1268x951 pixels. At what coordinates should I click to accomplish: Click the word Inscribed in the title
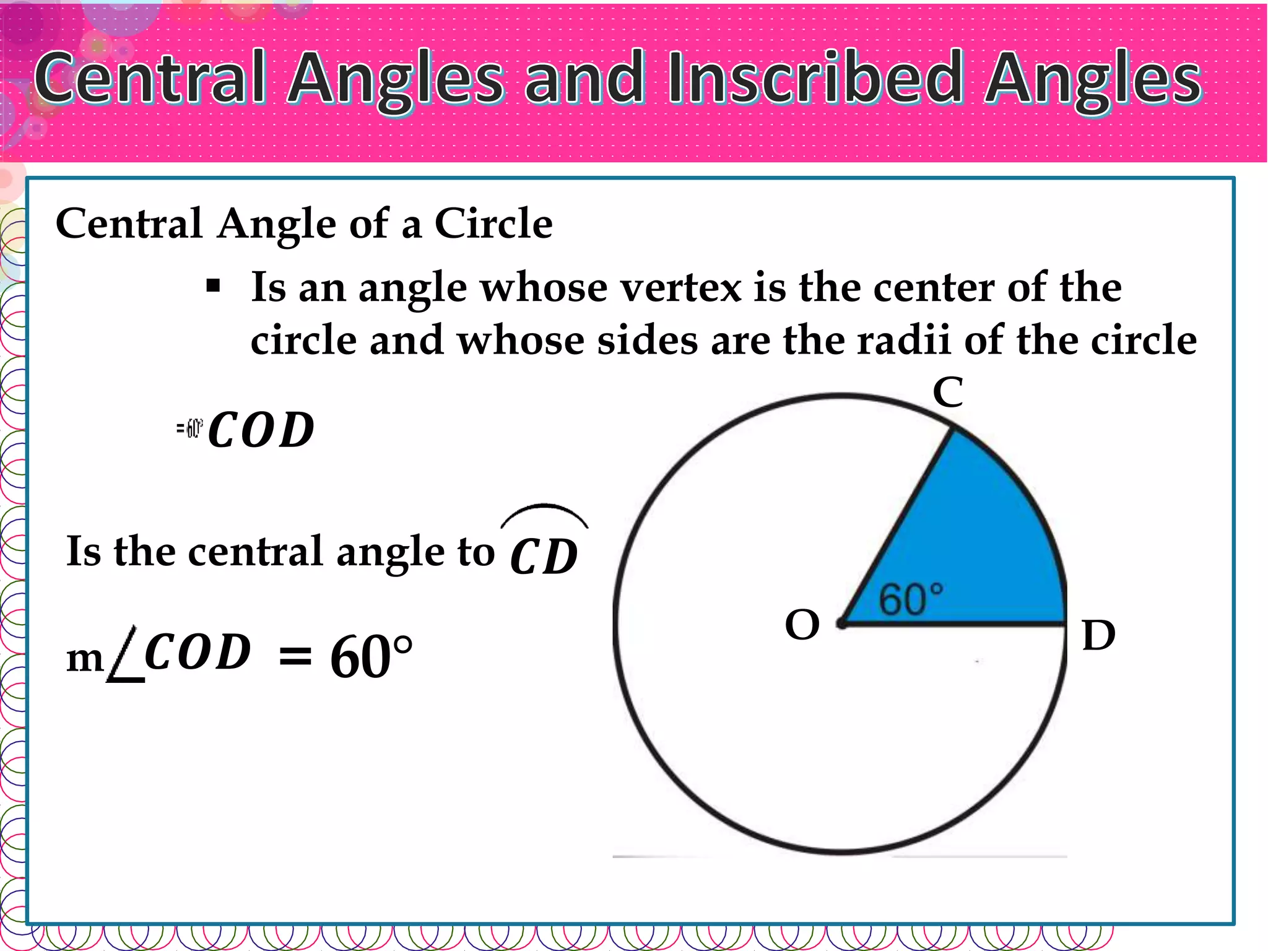815,79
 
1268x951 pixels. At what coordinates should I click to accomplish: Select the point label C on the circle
947,393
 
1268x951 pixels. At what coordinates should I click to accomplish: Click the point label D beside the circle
1098,635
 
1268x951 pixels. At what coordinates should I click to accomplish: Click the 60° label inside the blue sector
911,599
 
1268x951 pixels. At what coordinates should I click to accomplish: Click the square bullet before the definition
213,287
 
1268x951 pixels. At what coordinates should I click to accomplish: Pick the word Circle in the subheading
493,223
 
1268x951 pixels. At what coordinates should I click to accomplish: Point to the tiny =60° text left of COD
189,428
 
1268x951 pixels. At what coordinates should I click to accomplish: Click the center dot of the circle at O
841,623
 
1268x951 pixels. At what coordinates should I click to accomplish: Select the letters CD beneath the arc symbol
544,557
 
